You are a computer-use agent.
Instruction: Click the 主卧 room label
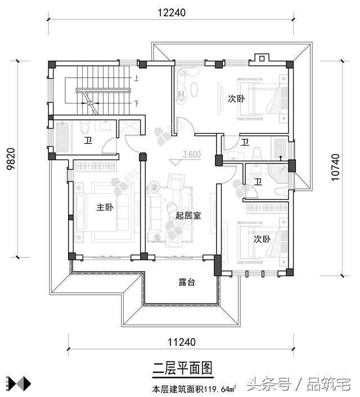(x=105, y=207)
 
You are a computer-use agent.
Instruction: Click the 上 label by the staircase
(x=137, y=79)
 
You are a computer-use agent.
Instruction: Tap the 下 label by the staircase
(x=137, y=103)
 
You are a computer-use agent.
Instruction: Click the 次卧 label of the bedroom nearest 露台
(x=262, y=239)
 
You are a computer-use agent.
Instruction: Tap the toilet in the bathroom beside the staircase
(x=83, y=127)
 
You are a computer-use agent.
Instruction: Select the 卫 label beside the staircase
(x=88, y=141)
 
